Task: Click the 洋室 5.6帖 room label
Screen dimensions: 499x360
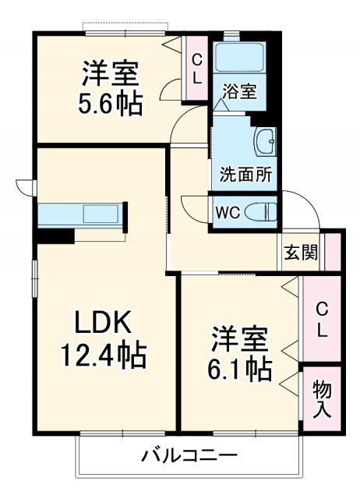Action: click(113, 88)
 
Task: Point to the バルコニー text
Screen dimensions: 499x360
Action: click(189, 455)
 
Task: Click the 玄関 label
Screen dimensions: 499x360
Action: click(300, 252)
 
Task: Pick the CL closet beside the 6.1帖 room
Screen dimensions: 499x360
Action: click(321, 319)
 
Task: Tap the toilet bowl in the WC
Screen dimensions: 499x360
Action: click(259, 211)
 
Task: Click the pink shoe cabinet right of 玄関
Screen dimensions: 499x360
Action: click(333, 251)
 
